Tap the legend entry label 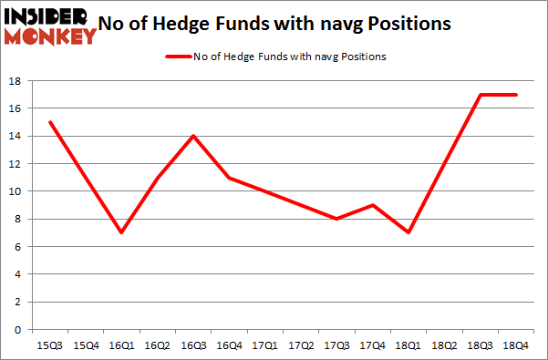pyautogui.click(x=289, y=57)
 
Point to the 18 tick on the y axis pyautogui.click(x=16, y=81)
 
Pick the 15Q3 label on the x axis pyautogui.click(x=50, y=345)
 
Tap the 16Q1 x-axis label pyautogui.click(x=120, y=345)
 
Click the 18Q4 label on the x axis pyautogui.click(x=514, y=345)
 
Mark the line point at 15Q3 pyautogui.click(x=50, y=122)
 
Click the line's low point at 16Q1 pyautogui.click(x=120, y=232)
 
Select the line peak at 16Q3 pyautogui.click(x=192, y=136)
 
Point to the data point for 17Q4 pyautogui.click(x=372, y=205)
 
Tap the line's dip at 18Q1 pyautogui.click(x=408, y=232)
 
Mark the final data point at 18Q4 pyautogui.click(x=514, y=95)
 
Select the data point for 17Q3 pyautogui.click(x=336, y=219)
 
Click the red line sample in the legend pyautogui.click(x=176, y=57)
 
